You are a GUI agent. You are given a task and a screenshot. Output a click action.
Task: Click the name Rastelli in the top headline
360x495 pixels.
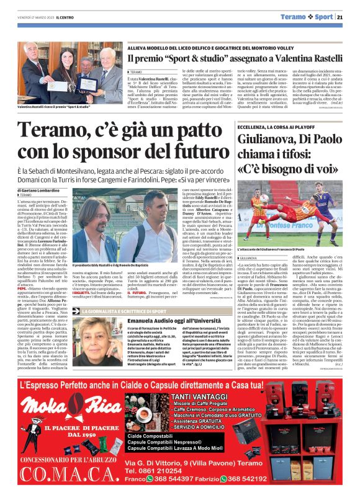tap(320, 60)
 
